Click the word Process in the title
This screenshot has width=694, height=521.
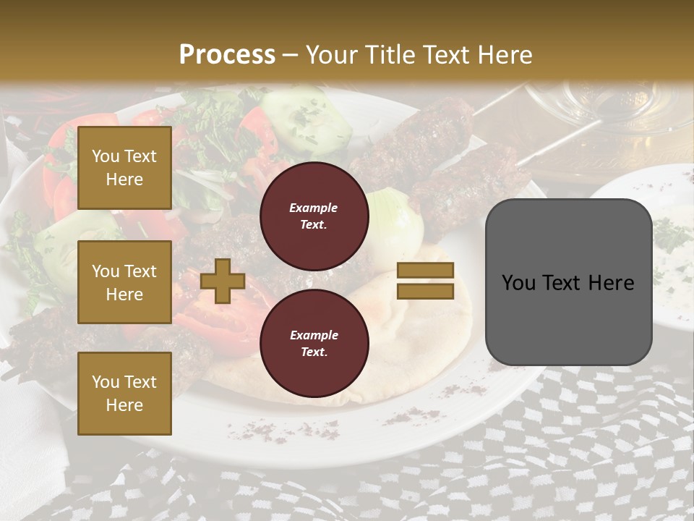click(x=227, y=55)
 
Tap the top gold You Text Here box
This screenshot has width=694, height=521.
click(x=124, y=168)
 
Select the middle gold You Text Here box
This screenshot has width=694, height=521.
click(x=124, y=282)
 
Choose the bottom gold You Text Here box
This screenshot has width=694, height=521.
click(x=124, y=394)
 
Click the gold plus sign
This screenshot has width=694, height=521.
click(x=223, y=281)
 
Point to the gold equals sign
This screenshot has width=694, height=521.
click(x=425, y=281)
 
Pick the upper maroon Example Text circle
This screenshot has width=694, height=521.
click(x=314, y=216)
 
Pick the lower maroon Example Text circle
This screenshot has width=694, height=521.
click(x=314, y=344)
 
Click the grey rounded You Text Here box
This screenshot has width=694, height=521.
click(x=568, y=282)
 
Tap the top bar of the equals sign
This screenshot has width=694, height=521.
click(x=425, y=270)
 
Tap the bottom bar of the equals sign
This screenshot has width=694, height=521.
click(x=425, y=292)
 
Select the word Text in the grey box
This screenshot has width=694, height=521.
click(x=562, y=283)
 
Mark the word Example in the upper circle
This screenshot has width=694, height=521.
click(x=313, y=208)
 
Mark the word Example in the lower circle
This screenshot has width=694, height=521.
click(x=314, y=335)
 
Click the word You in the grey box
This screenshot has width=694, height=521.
click(x=518, y=283)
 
